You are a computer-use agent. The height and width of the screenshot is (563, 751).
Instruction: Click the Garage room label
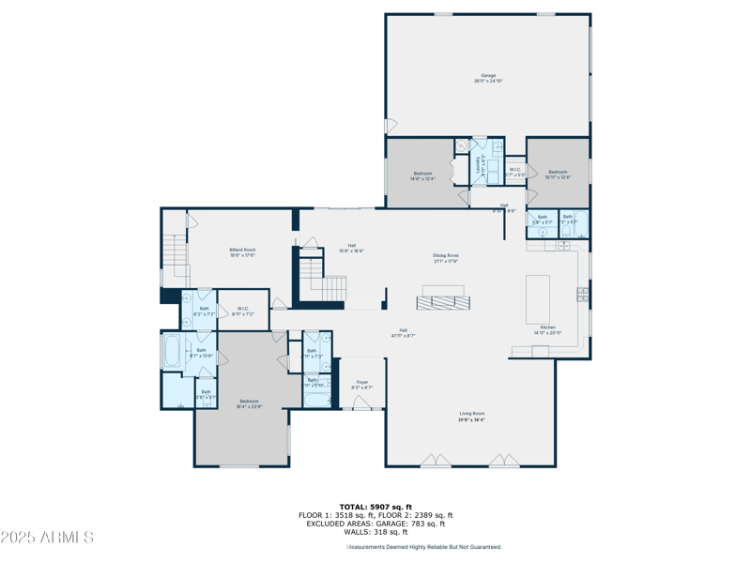pyautogui.click(x=488, y=75)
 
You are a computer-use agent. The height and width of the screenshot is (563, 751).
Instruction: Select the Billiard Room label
pyautogui.click(x=243, y=250)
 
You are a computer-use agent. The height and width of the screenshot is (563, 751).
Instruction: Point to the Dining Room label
pyautogui.click(x=446, y=255)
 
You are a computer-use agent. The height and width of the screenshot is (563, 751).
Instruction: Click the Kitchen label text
pyautogui.click(x=547, y=327)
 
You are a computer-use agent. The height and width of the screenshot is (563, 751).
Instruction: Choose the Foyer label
pyautogui.click(x=362, y=382)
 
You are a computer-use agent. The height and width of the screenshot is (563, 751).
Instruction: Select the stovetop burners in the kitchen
pyautogui.click(x=583, y=295)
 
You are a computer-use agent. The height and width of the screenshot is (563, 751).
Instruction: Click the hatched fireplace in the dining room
pyautogui.click(x=443, y=302)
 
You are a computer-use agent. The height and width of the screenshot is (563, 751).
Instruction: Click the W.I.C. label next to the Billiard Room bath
pyautogui.click(x=243, y=309)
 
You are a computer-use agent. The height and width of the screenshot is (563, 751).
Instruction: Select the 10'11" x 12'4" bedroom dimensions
pyautogui.click(x=558, y=177)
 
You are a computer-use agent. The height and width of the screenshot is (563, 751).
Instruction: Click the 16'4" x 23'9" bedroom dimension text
pyautogui.click(x=249, y=406)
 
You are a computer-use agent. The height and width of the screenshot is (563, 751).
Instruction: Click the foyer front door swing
pyautogui.click(x=362, y=403)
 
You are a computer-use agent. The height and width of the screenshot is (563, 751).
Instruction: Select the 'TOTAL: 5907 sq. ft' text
pyautogui.click(x=375, y=507)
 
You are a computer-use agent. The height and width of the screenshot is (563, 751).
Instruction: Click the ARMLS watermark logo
pyautogui.click(x=47, y=538)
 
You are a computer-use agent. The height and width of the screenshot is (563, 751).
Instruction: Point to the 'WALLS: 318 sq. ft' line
pyautogui.click(x=375, y=531)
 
